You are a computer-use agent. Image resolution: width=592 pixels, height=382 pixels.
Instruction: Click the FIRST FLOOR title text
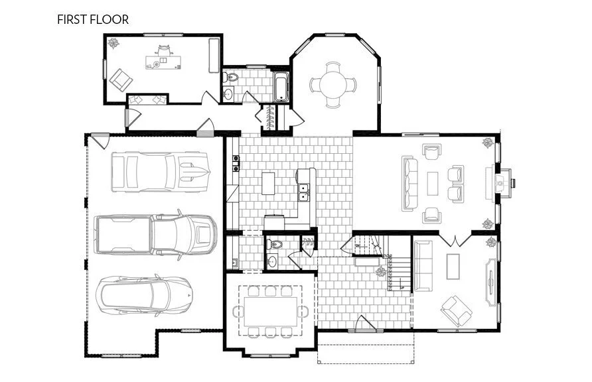click(93, 19)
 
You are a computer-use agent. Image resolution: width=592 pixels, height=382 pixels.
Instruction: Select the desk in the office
click(163, 62)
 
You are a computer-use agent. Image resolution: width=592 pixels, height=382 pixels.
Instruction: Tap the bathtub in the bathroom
click(281, 88)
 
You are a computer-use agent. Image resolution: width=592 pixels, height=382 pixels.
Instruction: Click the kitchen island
click(268, 183)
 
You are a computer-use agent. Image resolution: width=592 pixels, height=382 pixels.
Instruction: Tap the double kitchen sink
click(304, 194)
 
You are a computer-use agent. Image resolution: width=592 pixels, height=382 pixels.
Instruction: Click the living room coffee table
click(433, 184)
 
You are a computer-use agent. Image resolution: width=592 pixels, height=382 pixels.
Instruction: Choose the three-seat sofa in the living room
click(409, 183)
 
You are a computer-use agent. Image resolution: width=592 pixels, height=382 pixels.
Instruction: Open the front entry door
click(365, 326)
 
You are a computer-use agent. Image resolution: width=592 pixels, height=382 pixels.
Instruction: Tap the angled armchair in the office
click(121, 80)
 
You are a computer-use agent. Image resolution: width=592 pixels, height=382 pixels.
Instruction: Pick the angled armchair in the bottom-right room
click(457, 308)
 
